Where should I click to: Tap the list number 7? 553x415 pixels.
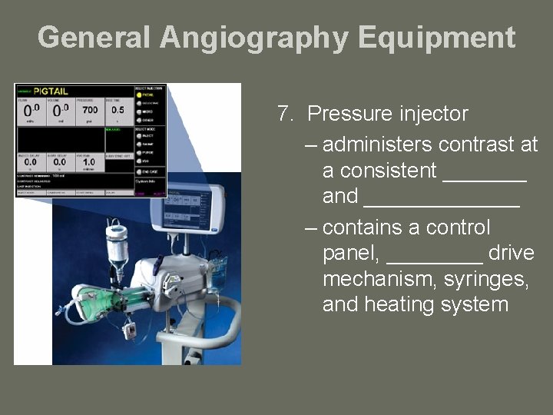(285, 115)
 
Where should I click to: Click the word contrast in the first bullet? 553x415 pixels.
(471, 144)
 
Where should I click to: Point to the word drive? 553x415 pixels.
(511, 253)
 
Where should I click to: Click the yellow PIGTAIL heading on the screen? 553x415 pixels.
(51, 91)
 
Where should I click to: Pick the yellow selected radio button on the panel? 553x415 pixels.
(138, 95)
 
